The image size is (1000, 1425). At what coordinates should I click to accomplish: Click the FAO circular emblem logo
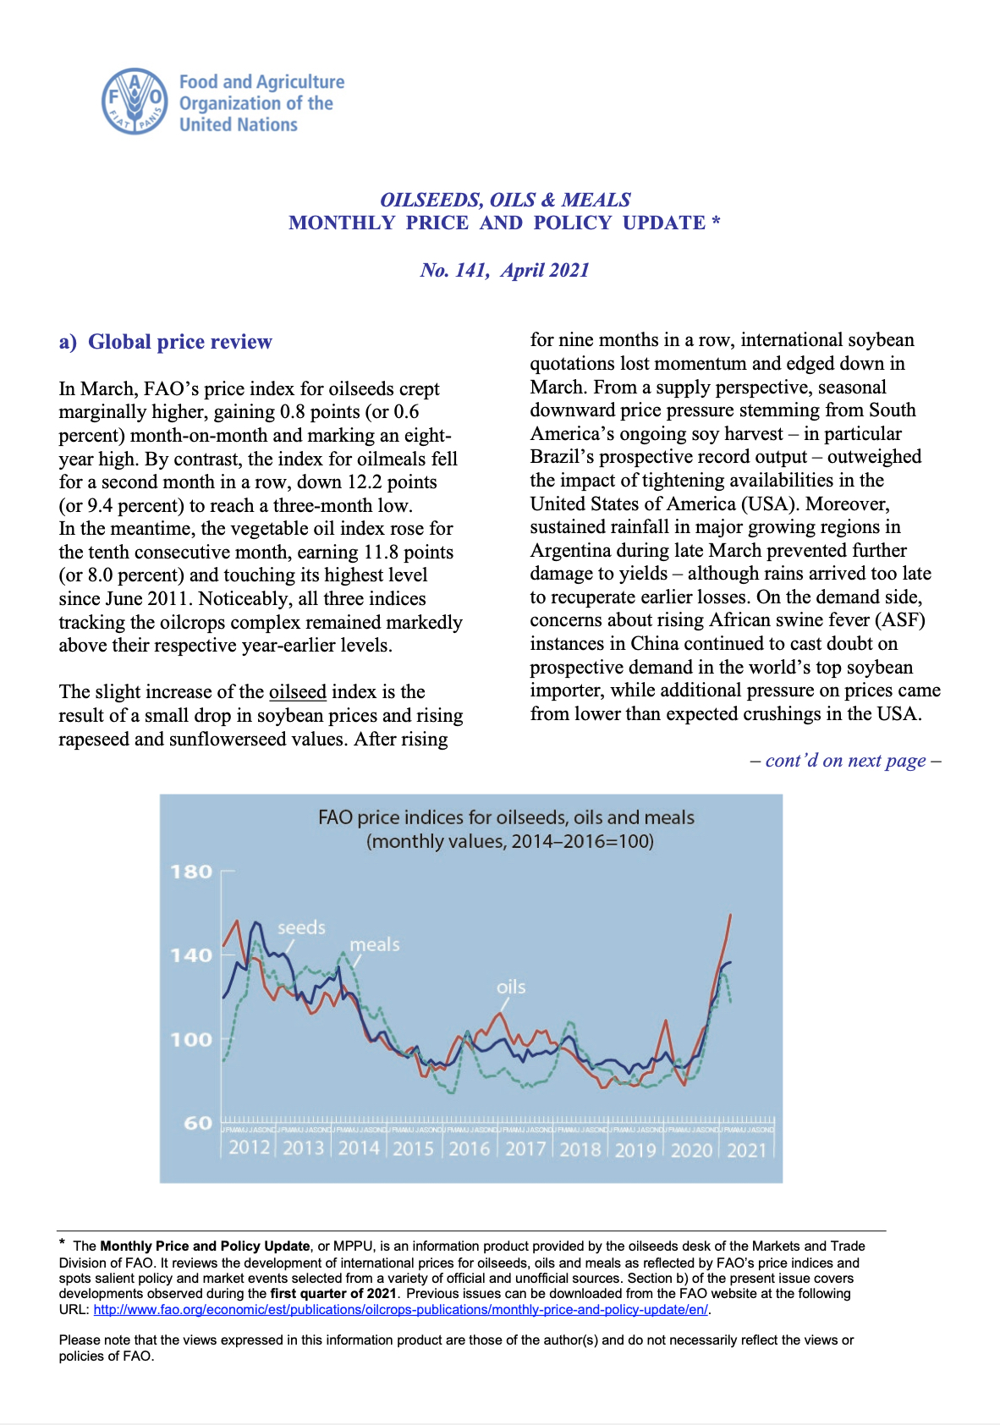(x=135, y=102)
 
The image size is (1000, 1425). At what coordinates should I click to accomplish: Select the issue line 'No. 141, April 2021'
(x=504, y=270)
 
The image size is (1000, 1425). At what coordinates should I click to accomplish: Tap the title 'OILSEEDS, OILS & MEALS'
(x=505, y=200)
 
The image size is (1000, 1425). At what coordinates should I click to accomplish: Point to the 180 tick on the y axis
(x=191, y=872)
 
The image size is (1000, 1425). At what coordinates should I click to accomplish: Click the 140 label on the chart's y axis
(x=191, y=955)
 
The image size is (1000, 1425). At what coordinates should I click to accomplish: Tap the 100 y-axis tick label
(x=191, y=1039)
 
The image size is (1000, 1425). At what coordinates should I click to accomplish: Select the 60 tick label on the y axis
(x=198, y=1123)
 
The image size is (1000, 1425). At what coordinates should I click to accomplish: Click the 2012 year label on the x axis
(x=249, y=1148)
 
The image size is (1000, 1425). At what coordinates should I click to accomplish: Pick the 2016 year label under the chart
(x=470, y=1149)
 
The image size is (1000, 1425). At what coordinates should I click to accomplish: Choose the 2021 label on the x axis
(x=747, y=1150)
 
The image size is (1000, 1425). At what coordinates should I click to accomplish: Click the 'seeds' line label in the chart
(x=301, y=927)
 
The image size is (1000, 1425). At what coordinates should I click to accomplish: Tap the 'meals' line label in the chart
(x=375, y=944)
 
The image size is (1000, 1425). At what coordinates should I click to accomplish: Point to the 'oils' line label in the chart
(x=511, y=987)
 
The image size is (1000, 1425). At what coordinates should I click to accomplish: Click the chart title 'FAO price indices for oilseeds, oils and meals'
(x=506, y=817)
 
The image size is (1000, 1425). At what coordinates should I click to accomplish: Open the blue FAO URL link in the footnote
(x=401, y=1309)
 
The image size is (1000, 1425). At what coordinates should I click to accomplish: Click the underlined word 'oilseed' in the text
(x=297, y=692)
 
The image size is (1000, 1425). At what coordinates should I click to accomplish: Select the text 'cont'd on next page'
(x=845, y=760)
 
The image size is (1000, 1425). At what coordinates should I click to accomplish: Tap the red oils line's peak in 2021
(x=730, y=916)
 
